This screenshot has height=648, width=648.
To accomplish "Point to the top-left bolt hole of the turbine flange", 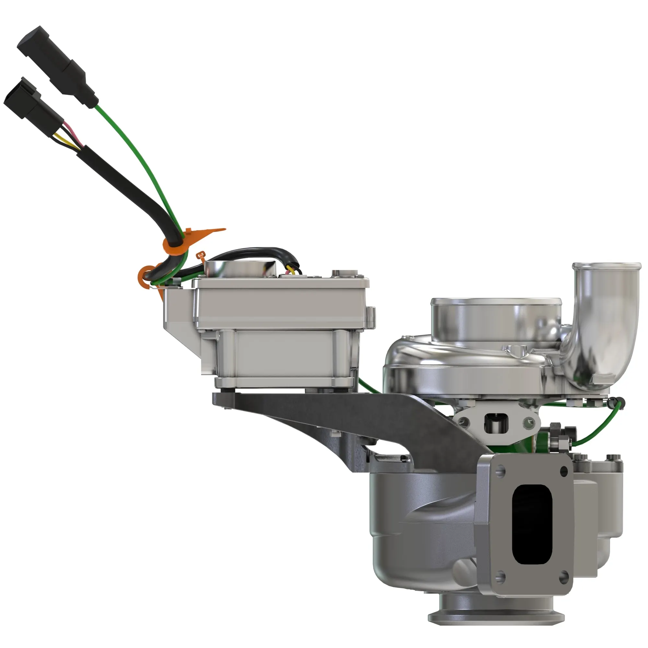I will pyautogui.click(x=502, y=470).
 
